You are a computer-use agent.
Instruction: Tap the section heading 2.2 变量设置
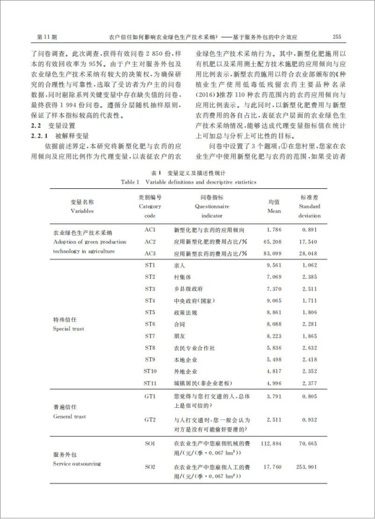[54, 124]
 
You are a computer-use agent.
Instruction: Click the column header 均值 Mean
[274, 206]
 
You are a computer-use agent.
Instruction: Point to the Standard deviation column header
[309, 206]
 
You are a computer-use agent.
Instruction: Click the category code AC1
[150, 229]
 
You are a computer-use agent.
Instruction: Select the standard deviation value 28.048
[309, 253]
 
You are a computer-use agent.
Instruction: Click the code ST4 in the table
[150, 300]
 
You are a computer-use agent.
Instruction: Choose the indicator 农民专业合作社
[191, 347]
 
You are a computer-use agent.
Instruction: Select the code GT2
[150, 420]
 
